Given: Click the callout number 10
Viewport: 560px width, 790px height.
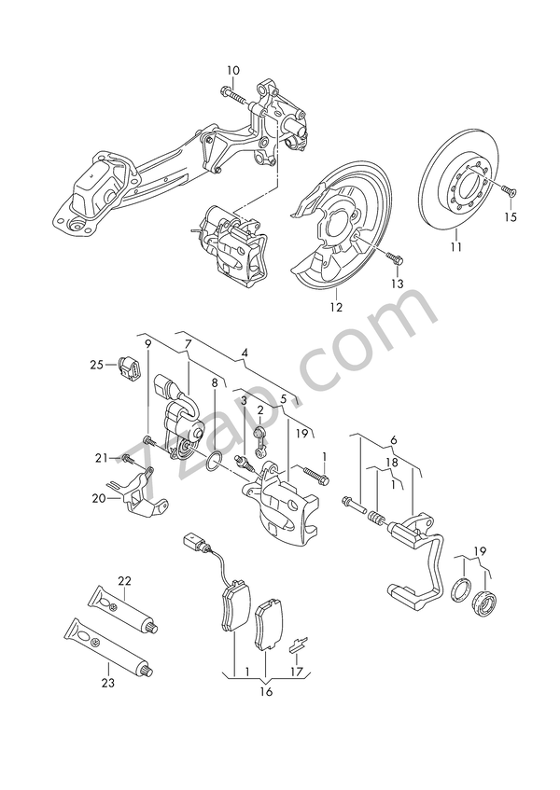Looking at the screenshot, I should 232,70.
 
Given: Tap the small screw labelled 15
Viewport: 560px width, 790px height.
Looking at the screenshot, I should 507,190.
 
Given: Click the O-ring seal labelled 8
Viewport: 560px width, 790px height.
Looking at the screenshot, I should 214,460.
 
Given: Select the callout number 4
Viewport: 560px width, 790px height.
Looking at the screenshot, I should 245,353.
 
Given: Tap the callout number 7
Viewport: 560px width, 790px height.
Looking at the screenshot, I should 188,345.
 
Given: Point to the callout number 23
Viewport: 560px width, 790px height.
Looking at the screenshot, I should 108,683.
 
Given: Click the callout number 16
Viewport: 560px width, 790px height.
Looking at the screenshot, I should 265,693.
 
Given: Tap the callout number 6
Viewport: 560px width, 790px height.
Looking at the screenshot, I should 394,439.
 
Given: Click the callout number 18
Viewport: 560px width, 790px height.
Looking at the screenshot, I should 393,462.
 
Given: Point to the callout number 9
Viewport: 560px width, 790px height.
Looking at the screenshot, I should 147,345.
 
